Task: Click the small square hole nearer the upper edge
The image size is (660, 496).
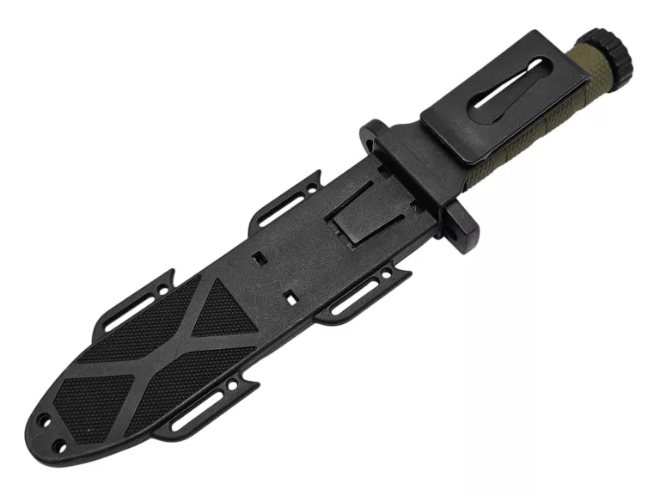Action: tap(259, 257)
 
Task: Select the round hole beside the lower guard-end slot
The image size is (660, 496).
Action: tap(385, 276)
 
